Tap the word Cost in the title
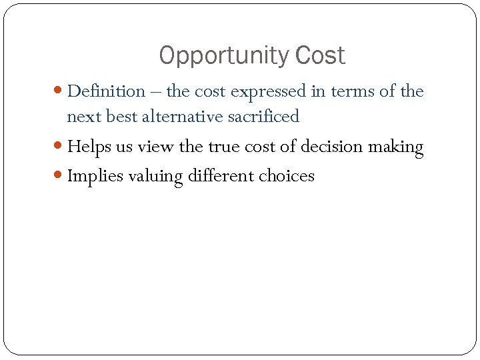pos(319,56)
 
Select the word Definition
pos(107,91)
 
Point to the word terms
pos(351,91)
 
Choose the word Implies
pos(96,176)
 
